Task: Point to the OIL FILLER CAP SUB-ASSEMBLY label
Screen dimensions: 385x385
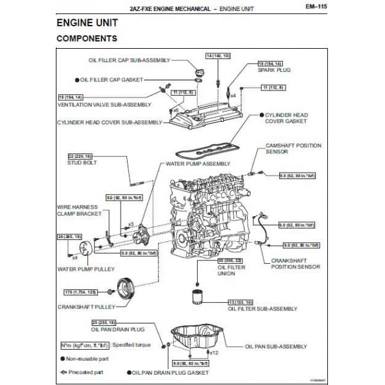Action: point(129,60)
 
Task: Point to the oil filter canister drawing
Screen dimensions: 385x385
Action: point(198,300)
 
